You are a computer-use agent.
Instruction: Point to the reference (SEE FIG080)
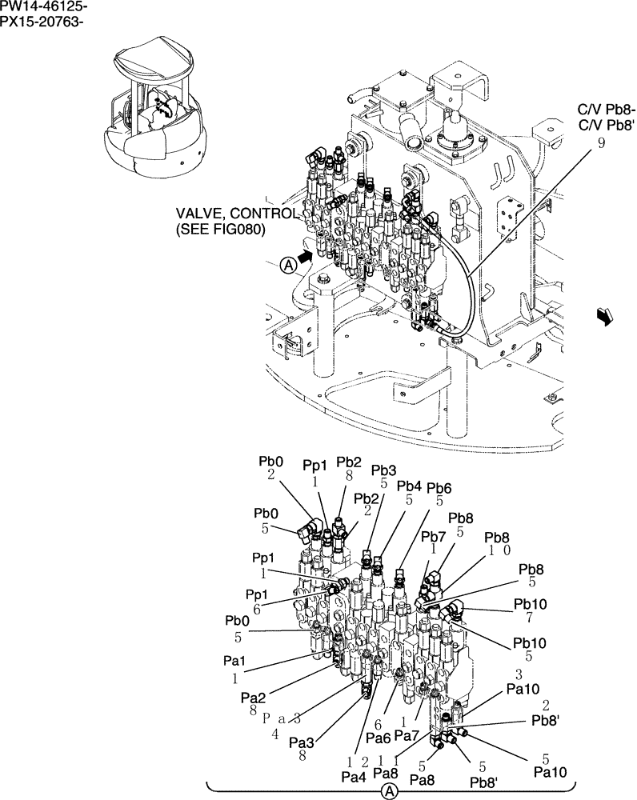click(221, 229)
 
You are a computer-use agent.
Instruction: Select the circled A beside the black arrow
click(289, 266)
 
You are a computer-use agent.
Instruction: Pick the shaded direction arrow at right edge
click(605, 318)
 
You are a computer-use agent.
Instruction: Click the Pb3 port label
click(383, 470)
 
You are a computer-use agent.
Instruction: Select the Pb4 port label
click(409, 486)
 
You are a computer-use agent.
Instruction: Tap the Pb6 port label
click(439, 488)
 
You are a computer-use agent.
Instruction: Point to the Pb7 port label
click(433, 536)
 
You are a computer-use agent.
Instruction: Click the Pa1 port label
click(234, 662)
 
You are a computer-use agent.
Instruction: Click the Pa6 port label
click(379, 737)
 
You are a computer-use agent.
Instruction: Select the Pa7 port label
click(407, 734)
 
